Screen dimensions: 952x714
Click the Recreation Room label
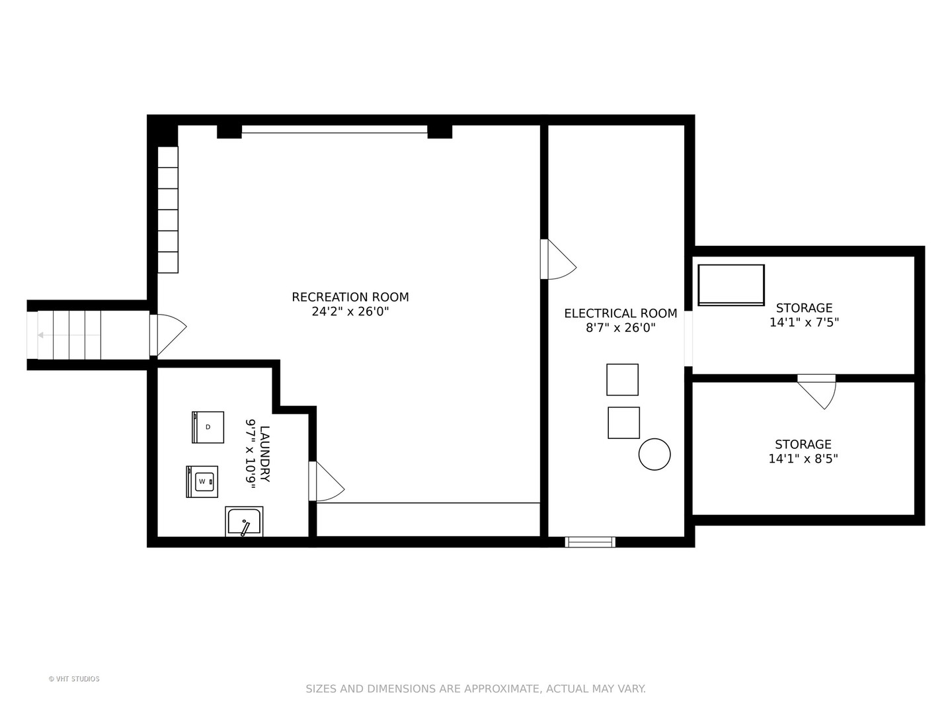[x=350, y=297]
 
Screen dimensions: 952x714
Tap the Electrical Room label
[x=620, y=313]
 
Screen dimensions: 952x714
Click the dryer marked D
[x=208, y=427]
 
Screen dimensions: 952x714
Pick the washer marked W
[x=202, y=482]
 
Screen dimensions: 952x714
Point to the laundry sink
[x=244, y=522]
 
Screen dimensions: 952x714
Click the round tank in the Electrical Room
[x=654, y=454]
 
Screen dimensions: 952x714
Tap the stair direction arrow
[x=69, y=335]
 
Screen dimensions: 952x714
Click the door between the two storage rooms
[x=816, y=392]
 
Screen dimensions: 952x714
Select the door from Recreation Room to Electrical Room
[x=558, y=259]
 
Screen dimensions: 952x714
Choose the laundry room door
[x=326, y=482]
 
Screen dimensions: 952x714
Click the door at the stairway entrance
[x=168, y=335]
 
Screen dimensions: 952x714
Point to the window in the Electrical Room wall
[x=590, y=542]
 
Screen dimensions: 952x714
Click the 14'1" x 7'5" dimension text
[x=804, y=323]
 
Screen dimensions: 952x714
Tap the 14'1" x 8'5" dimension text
[x=803, y=459]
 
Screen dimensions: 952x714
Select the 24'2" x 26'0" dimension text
[x=350, y=311]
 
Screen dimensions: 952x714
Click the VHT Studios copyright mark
[x=74, y=679]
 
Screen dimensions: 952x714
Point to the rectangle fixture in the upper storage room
[x=731, y=285]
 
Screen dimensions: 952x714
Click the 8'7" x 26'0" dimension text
[x=620, y=327]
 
